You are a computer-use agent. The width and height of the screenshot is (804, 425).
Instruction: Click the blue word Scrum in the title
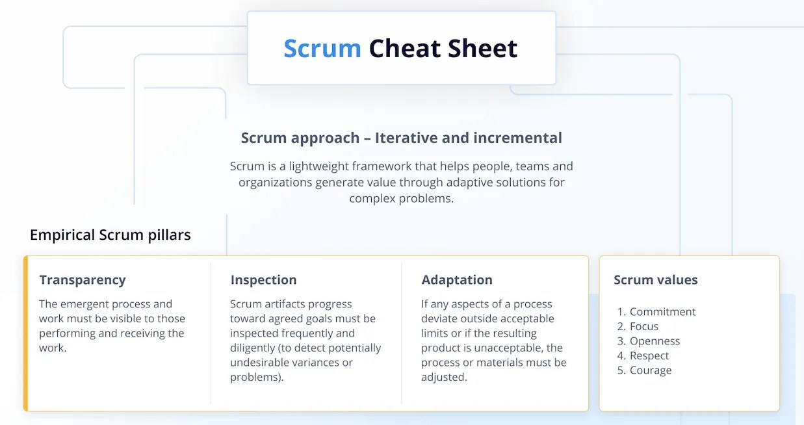tap(322, 49)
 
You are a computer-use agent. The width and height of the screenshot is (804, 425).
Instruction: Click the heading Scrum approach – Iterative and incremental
tap(401, 138)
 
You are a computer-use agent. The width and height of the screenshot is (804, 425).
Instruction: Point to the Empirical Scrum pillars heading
tap(110, 235)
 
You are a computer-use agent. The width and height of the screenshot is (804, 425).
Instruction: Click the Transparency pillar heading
tap(83, 280)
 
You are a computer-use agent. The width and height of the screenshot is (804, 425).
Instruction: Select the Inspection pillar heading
tap(263, 280)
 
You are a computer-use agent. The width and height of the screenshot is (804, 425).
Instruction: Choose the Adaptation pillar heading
tap(457, 280)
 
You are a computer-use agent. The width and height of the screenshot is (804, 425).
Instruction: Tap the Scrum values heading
tap(655, 280)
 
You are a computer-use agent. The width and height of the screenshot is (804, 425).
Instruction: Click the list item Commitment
tap(662, 312)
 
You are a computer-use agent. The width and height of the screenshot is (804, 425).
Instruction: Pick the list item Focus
tap(644, 326)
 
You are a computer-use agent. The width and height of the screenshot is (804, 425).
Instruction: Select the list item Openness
tap(655, 341)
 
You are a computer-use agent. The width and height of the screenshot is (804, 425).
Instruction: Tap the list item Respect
tap(649, 355)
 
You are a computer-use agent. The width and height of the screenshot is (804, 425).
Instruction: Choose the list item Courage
tap(651, 370)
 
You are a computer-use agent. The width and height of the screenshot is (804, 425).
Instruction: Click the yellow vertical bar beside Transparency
tap(25, 333)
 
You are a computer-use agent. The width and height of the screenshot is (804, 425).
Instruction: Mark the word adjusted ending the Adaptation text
tap(443, 377)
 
